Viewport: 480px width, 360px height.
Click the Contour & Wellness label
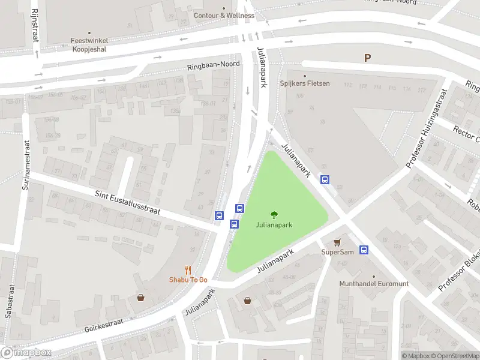224,16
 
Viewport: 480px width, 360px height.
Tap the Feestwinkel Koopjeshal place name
89,45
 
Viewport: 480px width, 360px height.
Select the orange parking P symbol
367,58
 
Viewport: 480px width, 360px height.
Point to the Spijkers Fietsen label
305,83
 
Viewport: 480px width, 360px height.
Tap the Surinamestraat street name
26,165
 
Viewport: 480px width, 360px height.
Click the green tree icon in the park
274,214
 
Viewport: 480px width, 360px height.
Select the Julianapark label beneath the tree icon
274,226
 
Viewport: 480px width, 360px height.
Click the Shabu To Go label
188,280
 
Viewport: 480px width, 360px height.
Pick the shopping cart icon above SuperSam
337,241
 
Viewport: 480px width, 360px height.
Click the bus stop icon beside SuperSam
364,250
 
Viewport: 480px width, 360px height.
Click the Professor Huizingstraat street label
427,127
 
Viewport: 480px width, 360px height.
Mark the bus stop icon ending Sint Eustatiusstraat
220,215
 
